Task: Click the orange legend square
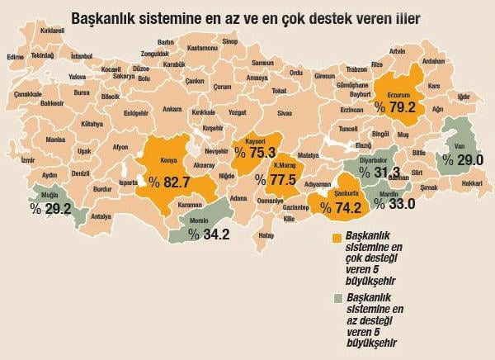(337, 237)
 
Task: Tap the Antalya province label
(102, 216)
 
